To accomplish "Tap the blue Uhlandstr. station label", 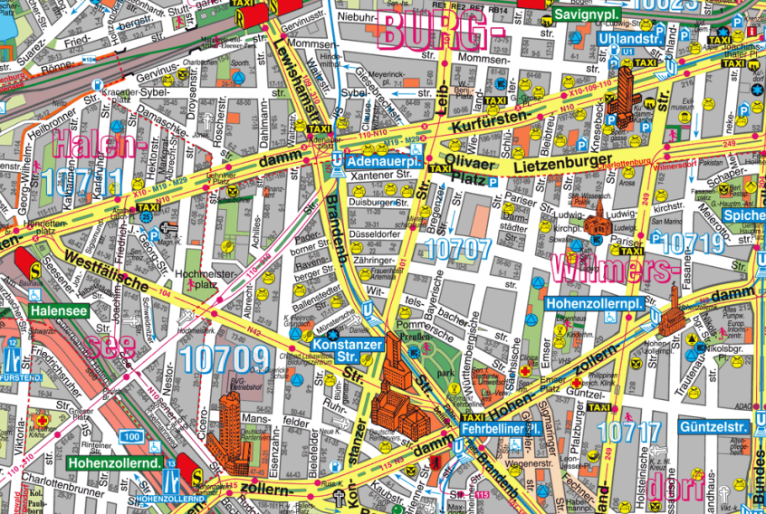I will [631, 41].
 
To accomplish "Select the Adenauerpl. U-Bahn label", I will [384, 161].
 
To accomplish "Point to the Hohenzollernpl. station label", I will [595, 305].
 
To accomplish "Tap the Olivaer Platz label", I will [467, 174].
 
